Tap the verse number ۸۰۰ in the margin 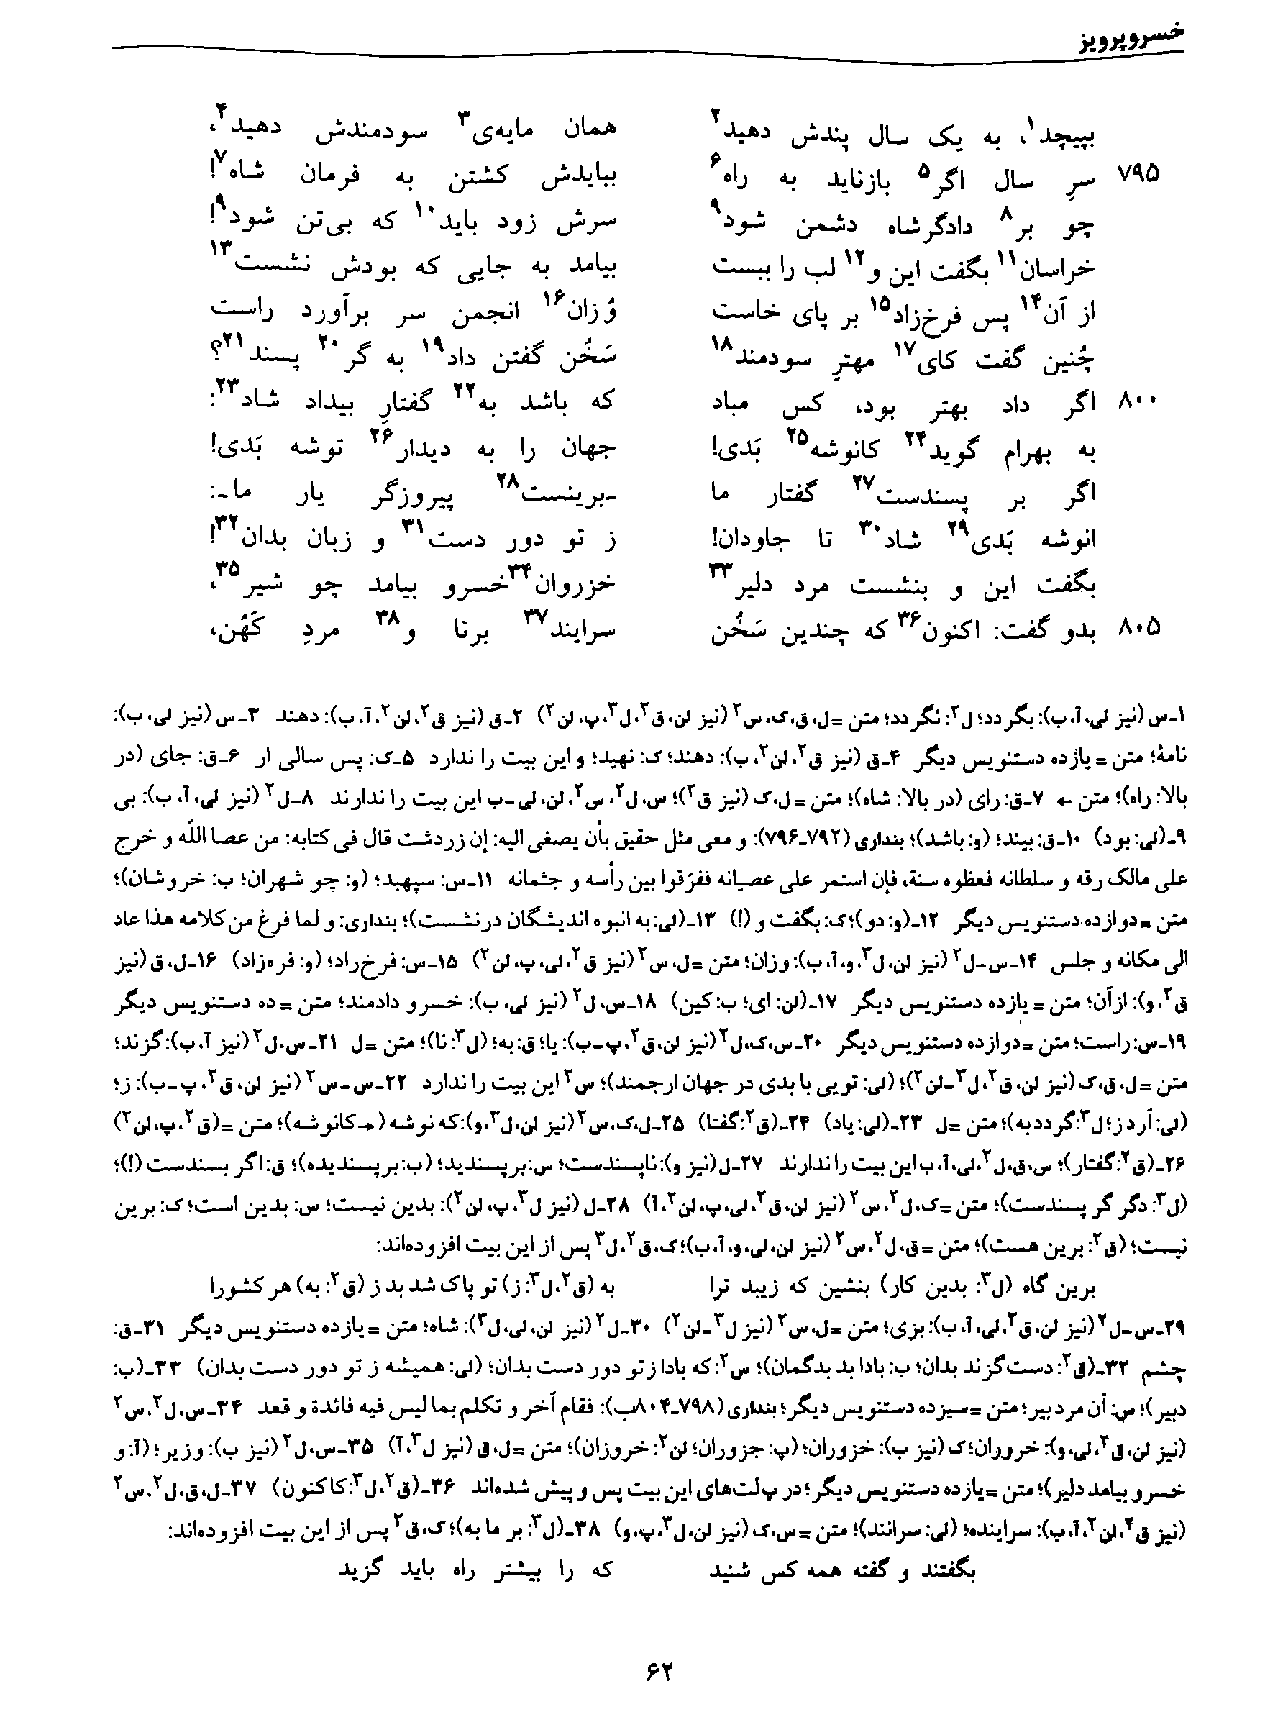tap(1138, 403)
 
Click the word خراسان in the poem tap(1060, 266)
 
